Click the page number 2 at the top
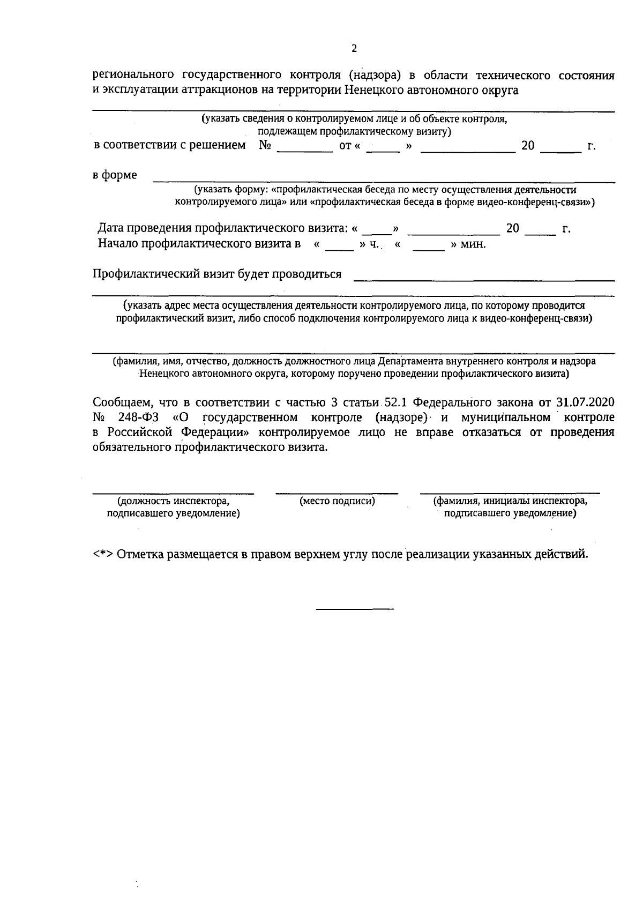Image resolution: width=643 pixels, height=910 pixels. (354, 49)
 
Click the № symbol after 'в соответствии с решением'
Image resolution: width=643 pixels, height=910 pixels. (264, 145)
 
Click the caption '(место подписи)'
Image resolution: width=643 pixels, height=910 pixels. (337, 501)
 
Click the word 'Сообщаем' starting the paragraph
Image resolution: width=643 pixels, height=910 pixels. (119, 402)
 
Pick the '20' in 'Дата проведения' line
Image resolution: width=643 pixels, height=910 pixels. (513, 229)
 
